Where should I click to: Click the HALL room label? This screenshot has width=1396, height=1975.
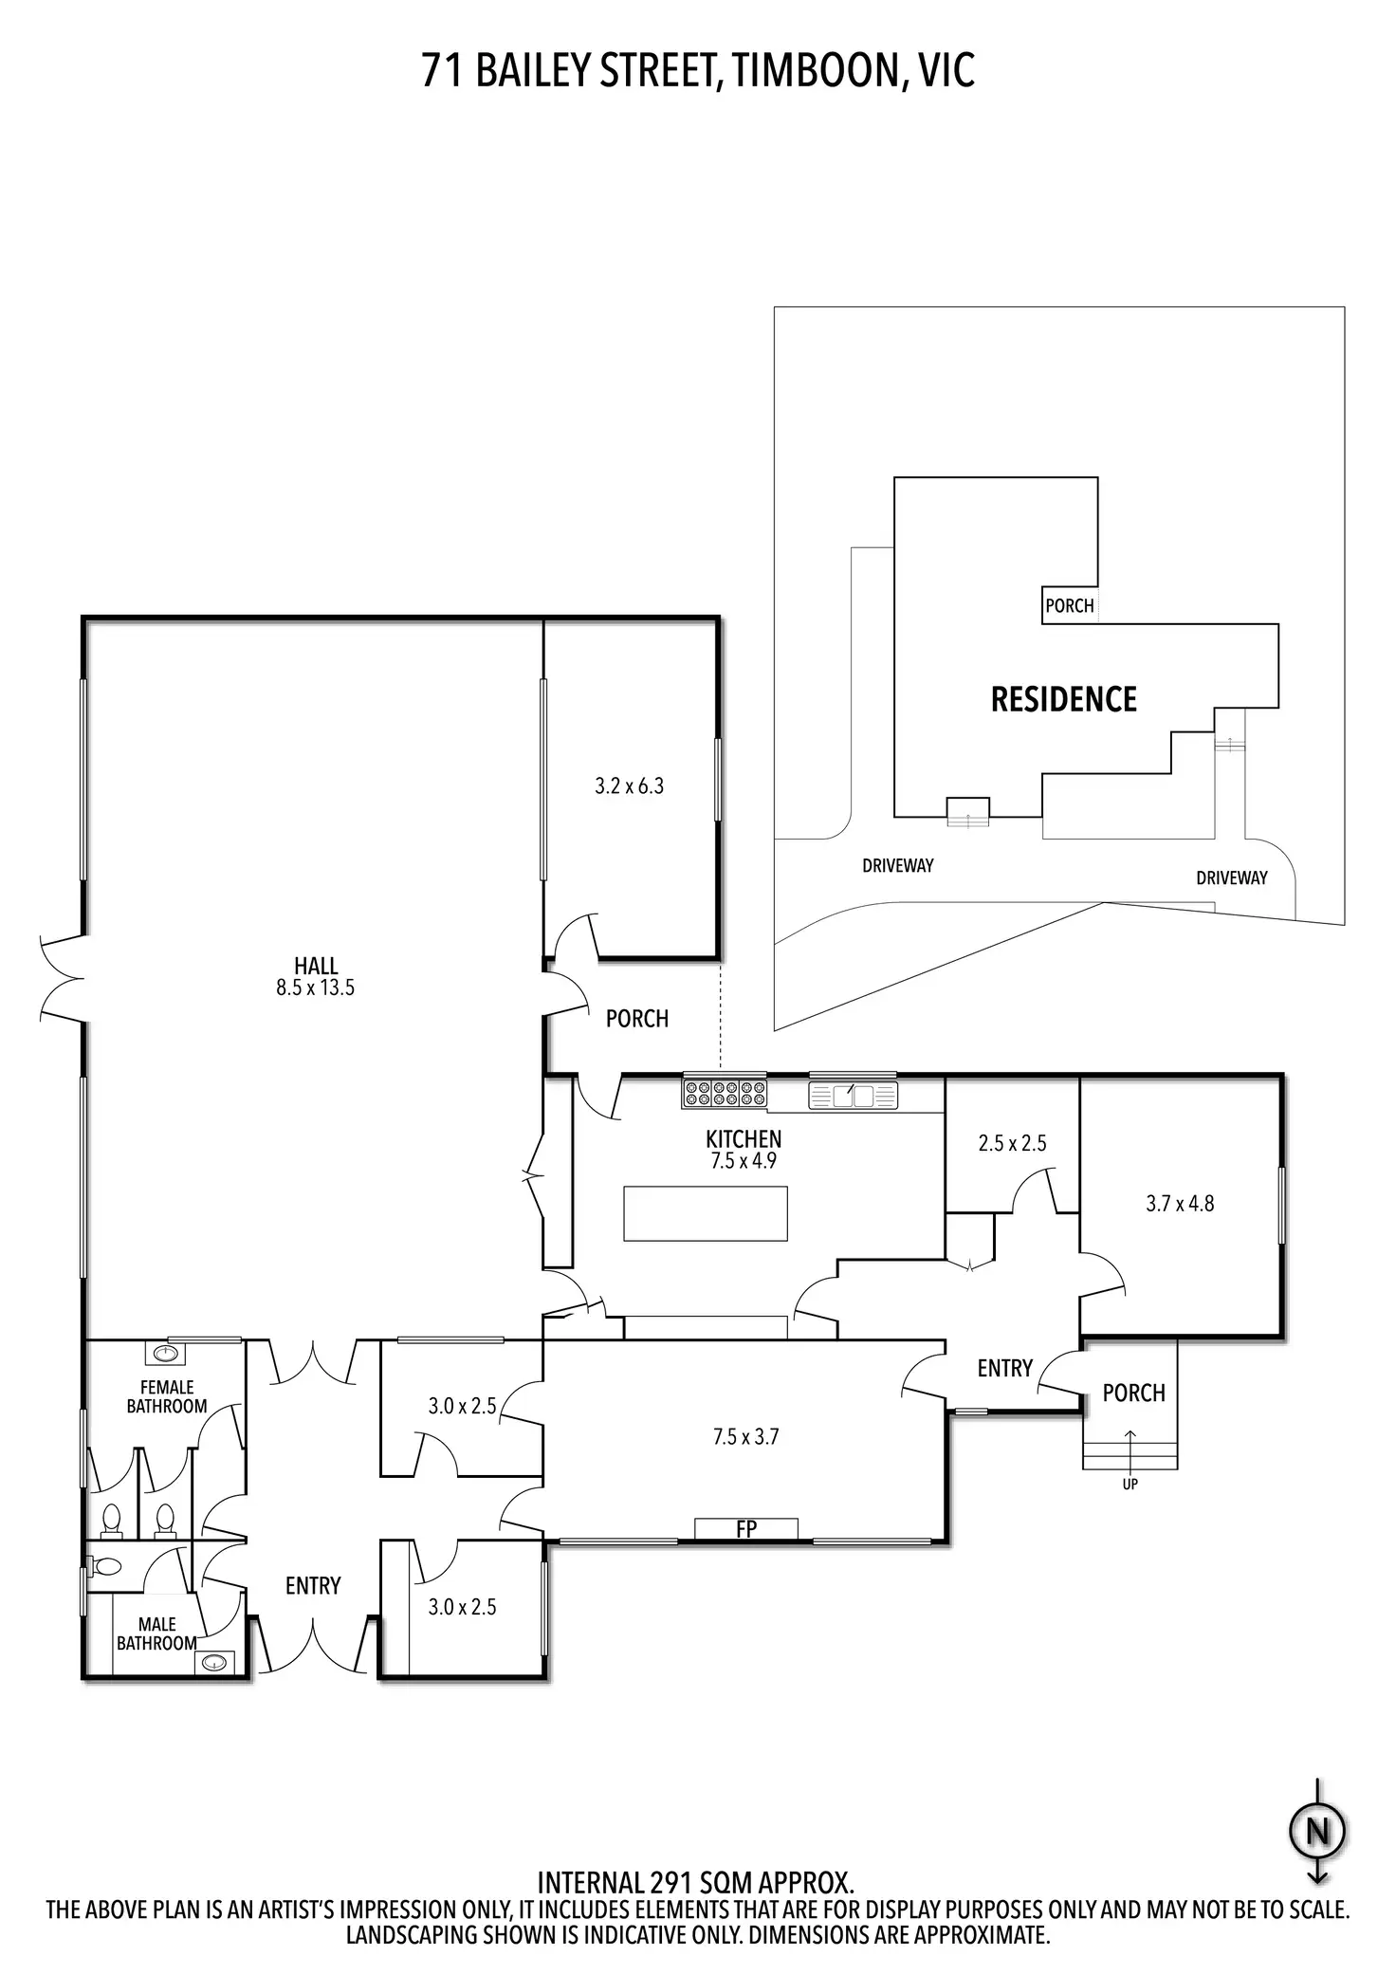pos(316,966)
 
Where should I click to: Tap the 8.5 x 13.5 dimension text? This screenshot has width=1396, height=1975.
pos(316,987)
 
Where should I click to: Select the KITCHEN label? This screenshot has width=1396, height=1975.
pos(744,1138)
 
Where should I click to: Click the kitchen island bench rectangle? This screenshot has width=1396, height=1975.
pos(706,1212)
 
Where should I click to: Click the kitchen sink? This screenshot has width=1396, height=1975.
pos(853,1096)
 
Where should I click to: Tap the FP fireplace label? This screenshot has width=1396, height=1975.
pos(746,1529)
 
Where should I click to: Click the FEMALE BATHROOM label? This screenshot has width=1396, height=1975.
pos(167,1396)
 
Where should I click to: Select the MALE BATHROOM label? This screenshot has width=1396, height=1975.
pos(156,1634)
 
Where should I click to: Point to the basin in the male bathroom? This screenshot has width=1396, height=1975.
pos(214,1662)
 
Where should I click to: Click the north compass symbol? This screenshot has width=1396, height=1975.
pos(1317,1830)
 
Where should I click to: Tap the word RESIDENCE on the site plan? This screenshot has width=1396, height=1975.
pos(1063,699)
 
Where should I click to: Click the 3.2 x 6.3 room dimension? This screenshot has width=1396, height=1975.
pos(630,785)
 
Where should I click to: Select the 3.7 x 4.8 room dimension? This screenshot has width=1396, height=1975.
pos(1180,1204)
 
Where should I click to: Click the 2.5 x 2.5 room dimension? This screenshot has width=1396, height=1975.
pos(1012,1143)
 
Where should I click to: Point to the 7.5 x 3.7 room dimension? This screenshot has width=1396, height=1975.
pos(745,1437)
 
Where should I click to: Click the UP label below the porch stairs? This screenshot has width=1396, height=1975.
pos(1130,1485)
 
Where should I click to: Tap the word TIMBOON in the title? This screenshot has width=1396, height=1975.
pos(814,71)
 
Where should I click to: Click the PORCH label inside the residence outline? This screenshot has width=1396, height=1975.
pos(1069,605)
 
